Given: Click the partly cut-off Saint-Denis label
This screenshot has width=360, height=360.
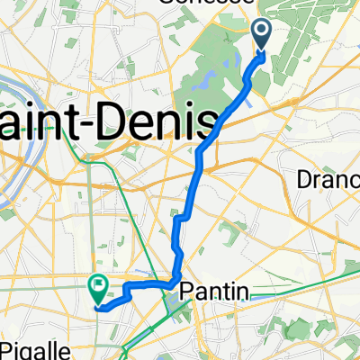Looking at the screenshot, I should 108,122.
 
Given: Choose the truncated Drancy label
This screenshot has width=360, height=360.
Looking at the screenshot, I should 328,180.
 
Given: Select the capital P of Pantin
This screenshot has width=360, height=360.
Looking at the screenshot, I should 186,291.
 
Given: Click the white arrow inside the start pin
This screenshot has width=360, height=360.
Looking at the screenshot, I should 263,33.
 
